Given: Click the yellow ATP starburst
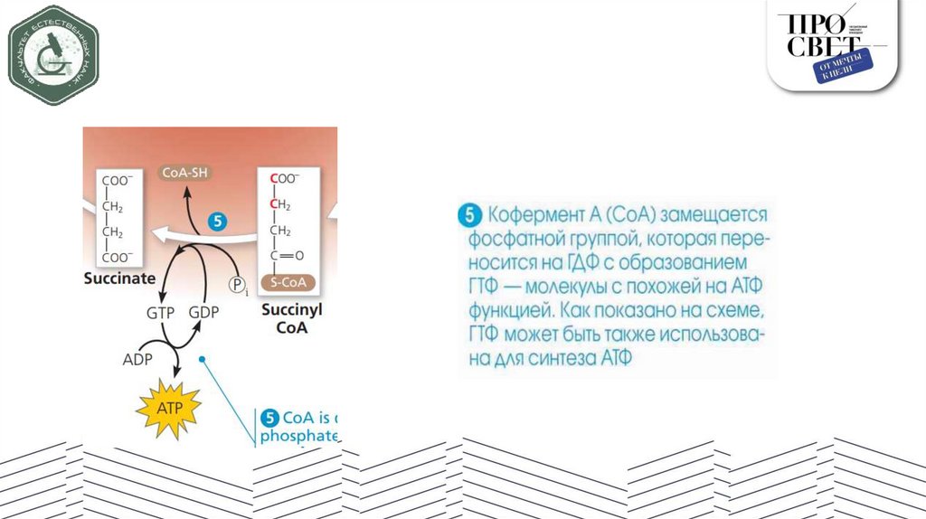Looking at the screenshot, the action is click(x=169, y=408).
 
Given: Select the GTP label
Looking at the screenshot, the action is click(x=160, y=313).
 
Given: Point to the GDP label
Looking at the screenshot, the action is click(x=204, y=313).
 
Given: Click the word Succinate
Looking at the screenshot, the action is click(x=119, y=278).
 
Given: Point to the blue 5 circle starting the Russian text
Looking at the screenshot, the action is click(x=468, y=216).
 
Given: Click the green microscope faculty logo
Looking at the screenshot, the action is click(x=53, y=55).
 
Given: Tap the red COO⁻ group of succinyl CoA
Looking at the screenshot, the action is click(x=284, y=180).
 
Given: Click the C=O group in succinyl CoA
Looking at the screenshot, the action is click(x=288, y=255).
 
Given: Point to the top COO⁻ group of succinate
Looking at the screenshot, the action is click(x=118, y=180).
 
